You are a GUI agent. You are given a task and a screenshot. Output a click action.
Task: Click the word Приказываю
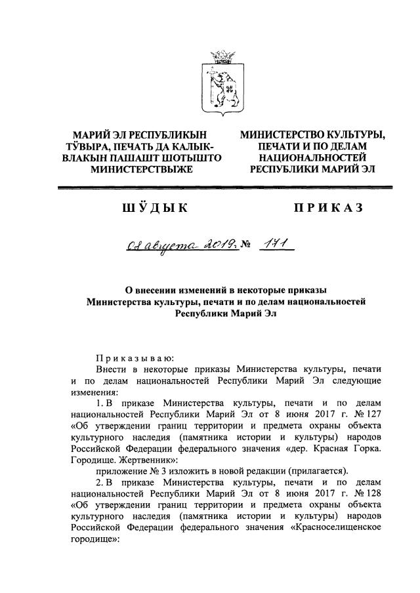pos(134,358)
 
